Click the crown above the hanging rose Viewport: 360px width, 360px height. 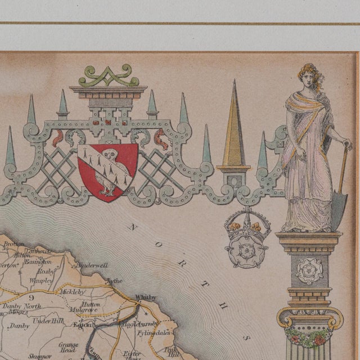pyautogui.click(x=246, y=224)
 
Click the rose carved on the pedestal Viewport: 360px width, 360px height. pyautogui.click(x=309, y=271)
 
